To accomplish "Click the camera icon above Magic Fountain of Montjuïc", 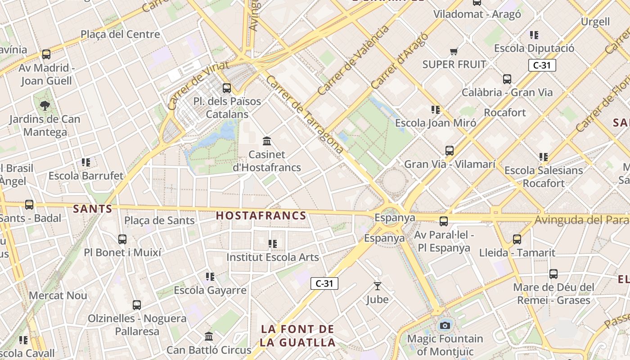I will [445, 325].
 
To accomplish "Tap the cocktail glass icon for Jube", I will [377, 286].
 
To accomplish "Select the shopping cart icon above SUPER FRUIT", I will [454, 52].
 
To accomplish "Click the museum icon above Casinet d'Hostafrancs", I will [267, 141].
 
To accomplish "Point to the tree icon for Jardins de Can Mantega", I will [45, 106].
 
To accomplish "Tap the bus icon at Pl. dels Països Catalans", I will [227, 88].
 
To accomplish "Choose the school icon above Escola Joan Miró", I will [435, 110].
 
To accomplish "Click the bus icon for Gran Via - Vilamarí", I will [449, 151].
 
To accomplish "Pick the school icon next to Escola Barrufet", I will [86, 162].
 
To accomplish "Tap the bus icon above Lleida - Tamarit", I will [517, 239].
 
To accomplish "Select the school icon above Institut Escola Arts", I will [272, 244].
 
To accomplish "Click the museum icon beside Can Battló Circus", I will [209, 337].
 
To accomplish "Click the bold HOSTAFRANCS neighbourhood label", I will [261, 216].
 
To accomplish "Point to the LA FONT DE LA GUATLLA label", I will [298, 336].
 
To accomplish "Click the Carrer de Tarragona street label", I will [305, 114].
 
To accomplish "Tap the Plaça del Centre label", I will [120, 34].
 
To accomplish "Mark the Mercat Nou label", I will [58, 296].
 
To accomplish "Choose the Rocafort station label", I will [505, 112].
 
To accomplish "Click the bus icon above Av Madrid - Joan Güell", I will [46, 54].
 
